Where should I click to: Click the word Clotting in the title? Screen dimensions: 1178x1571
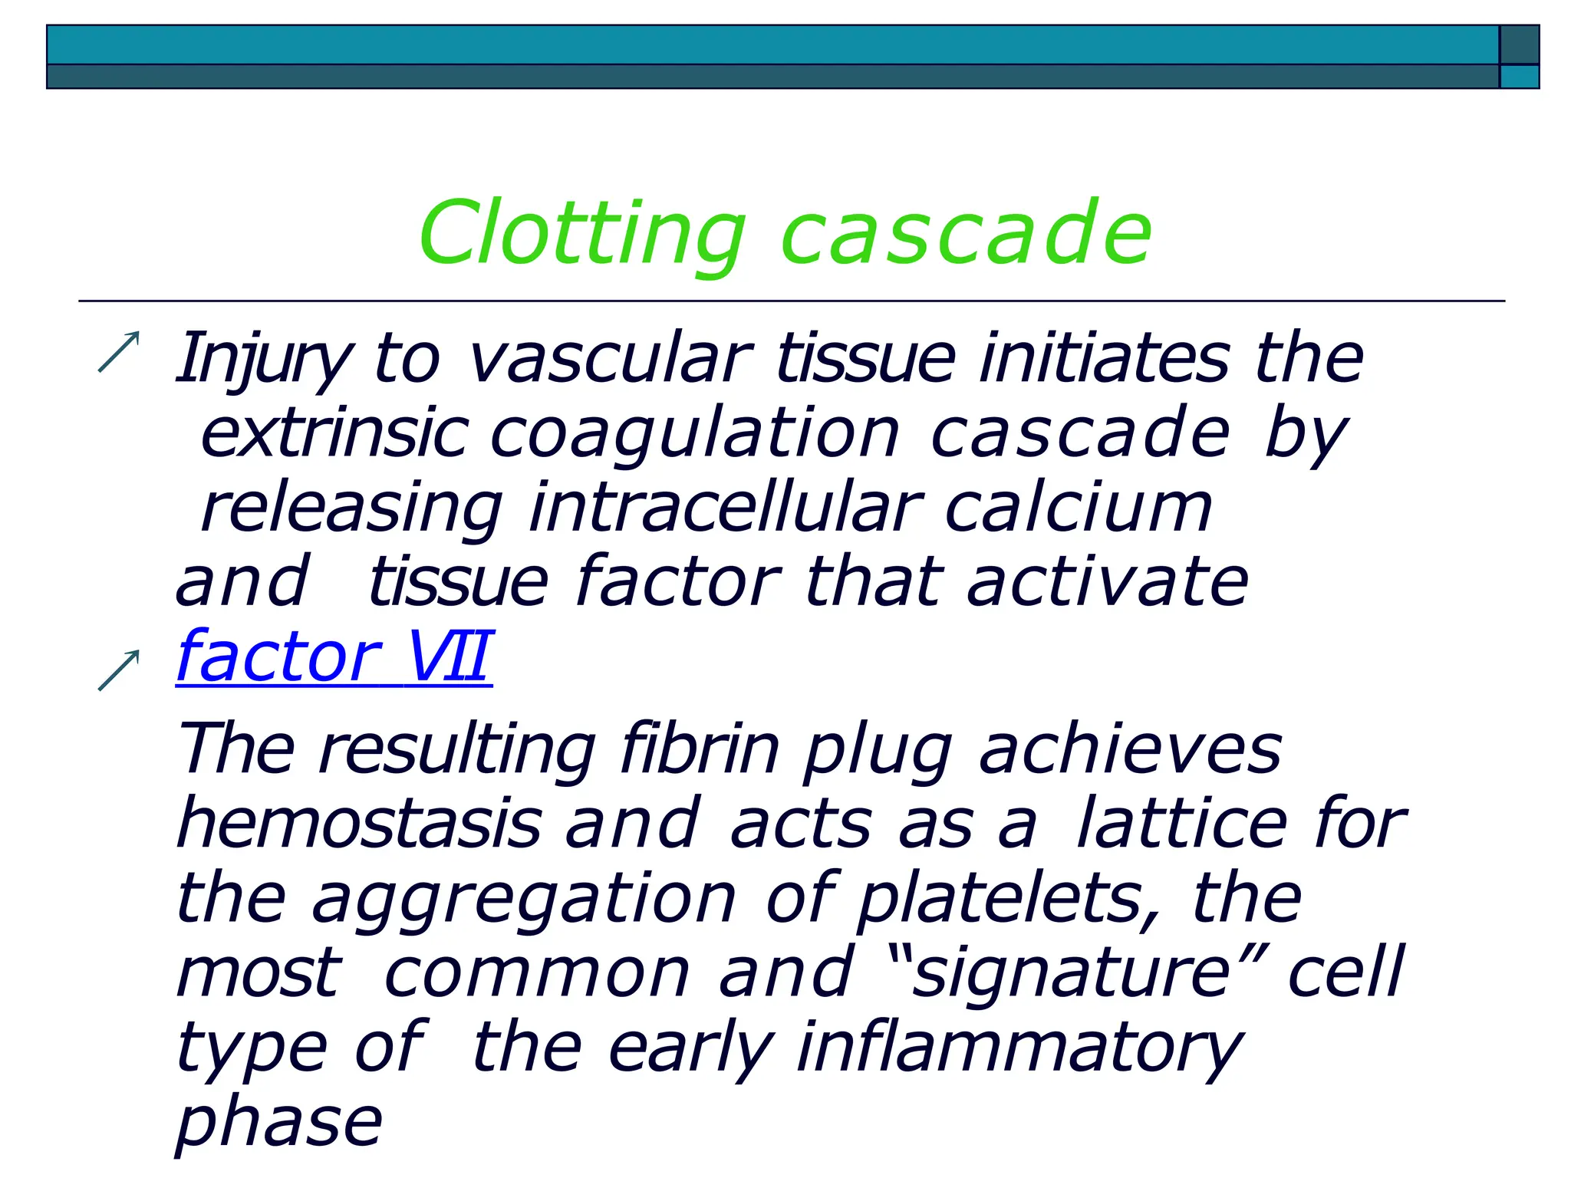[x=581, y=233]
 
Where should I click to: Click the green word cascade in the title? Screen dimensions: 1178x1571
[x=966, y=233]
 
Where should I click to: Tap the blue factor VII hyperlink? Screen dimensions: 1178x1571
[x=334, y=656]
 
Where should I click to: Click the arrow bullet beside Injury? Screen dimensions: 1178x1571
[x=119, y=352]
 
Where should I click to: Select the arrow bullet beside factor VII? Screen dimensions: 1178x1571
[x=119, y=670]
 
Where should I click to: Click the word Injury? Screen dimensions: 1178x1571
[x=263, y=359]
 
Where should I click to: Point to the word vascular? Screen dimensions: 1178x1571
[x=610, y=359]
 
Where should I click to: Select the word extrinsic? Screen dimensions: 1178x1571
[x=334, y=434]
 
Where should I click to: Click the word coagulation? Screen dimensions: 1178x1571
[x=694, y=434]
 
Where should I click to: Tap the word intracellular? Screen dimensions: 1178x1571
[x=725, y=508]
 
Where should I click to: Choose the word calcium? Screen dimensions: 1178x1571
[x=1078, y=508]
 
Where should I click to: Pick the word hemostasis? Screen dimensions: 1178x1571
[x=359, y=824]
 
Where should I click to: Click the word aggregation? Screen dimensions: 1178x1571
[x=524, y=899]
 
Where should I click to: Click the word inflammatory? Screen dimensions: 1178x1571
[x=1019, y=1048]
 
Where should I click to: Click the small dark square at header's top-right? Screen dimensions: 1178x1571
[x=1520, y=44]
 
